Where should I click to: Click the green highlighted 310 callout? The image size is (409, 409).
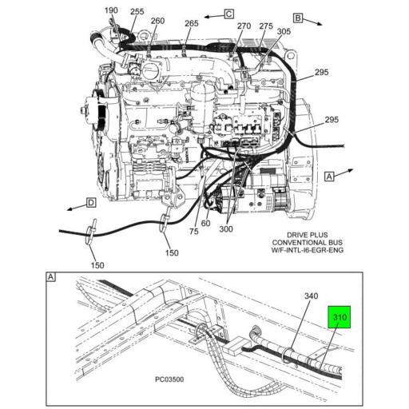(339, 317)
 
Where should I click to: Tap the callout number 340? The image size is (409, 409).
(311, 296)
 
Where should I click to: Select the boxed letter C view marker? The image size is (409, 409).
(229, 14)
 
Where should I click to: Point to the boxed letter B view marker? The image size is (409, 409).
(298, 18)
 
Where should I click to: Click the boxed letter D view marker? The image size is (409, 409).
(91, 203)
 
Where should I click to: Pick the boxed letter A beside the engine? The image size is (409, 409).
(329, 177)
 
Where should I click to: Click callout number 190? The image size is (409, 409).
(111, 10)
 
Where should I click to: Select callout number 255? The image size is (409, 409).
(137, 11)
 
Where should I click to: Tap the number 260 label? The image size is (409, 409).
(157, 21)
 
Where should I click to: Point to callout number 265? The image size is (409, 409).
(192, 23)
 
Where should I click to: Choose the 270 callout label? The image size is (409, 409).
(244, 26)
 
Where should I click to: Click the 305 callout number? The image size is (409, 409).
(284, 31)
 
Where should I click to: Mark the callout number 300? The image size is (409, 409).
(226, 229)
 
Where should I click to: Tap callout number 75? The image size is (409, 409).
(194, 232)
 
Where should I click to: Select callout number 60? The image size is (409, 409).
(205, 223)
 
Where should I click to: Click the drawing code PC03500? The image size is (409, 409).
(169, 379)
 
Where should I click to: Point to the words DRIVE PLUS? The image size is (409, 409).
(308, 235)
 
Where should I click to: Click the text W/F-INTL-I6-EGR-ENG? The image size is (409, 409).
(308, 250)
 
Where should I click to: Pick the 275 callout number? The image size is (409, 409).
(266, 26)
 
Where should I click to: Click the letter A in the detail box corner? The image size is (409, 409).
(50, 277)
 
